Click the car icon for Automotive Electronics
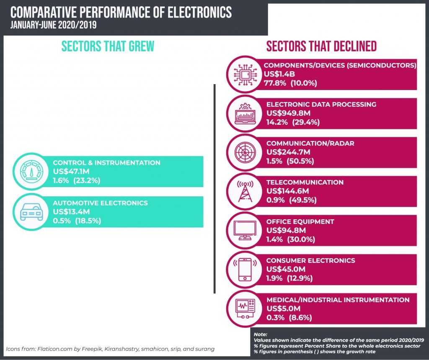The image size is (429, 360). (x=31, y=213)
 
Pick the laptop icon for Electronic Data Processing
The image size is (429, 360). (x=245, y=113)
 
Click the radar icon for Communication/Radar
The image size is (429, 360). (x=245, y=152)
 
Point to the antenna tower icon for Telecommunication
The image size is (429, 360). (x=245, y=190)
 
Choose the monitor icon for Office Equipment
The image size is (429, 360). (x=245, y=229)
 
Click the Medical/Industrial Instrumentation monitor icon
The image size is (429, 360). (x=245, y=309)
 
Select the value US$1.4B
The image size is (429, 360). (x=279, y=74)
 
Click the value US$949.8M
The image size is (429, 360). (x=288, y=113)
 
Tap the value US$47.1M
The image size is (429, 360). (x=71, y=172)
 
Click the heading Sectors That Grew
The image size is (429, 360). (x=108, y=46)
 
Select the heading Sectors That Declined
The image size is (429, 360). (x=321, y=46)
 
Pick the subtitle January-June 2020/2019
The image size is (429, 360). (x=54, y=26)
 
